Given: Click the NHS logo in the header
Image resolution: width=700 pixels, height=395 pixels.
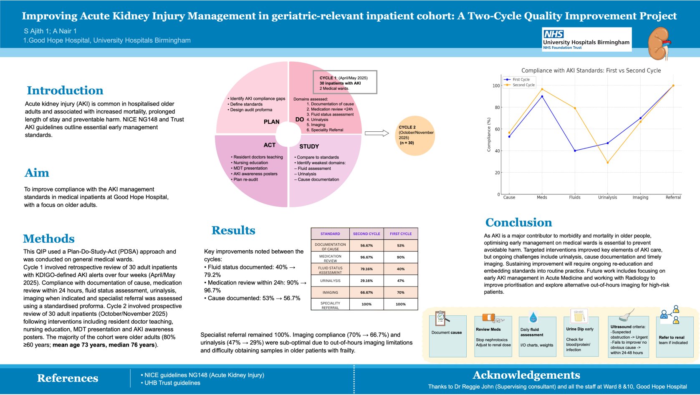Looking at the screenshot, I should coord(553,34).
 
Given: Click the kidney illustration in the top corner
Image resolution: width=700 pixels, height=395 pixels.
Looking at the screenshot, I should coord(660,43).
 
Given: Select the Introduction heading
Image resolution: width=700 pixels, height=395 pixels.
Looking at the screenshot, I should coord(65,91).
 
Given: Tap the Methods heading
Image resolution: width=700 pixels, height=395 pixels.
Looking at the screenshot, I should coord(49,239).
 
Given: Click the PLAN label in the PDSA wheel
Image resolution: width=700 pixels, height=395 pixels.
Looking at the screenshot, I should coord(271,122).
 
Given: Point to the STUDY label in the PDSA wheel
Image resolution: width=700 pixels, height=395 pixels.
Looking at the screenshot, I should coord(309,146).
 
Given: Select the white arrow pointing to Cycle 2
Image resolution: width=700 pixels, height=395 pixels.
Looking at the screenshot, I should coord(377,133).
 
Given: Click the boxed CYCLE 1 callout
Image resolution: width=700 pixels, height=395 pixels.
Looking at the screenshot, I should coord(345,83).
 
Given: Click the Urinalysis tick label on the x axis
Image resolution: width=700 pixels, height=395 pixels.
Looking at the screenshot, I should coord(607,197).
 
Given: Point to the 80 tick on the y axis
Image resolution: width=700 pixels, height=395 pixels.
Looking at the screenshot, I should coord(497,108).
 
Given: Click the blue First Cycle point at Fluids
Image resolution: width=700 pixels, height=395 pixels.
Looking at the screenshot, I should coord(575,151).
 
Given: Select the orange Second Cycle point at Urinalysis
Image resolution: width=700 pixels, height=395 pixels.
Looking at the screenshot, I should coord(607,163).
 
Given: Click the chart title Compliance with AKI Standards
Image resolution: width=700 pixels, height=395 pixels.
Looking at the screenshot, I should coord(591,70).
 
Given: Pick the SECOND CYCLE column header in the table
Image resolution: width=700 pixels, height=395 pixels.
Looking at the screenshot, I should coord(366,234).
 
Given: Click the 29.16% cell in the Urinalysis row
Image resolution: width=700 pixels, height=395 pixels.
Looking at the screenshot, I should coord(366,281).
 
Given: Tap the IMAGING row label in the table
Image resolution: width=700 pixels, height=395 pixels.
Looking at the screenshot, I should coord(330,292).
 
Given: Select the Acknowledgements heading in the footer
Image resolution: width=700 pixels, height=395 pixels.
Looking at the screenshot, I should coord(526,375).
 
